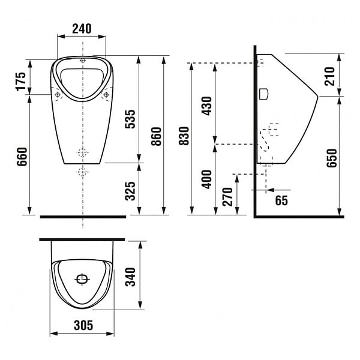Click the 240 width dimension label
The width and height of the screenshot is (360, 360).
point(82,29)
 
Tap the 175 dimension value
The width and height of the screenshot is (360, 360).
point(21,82)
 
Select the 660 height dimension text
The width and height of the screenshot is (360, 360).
point(22,157)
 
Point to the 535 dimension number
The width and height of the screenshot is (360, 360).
point(130,119)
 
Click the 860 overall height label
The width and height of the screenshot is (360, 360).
point(157,136)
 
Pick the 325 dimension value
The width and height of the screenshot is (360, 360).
point(130,191)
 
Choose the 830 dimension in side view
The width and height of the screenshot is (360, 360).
point(184,136)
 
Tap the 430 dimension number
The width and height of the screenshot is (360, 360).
point(206,106)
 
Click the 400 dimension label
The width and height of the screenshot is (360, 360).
point(206,179)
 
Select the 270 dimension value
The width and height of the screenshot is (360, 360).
point(227,197)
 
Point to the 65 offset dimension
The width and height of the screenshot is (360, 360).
point(281,200)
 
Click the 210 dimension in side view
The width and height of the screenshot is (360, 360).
point(329,76)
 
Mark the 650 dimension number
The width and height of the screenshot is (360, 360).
point(332,158)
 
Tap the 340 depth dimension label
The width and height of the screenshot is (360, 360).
point(130,277)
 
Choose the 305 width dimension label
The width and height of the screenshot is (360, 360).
point(83,325)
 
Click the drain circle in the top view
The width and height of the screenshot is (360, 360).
point(82,279)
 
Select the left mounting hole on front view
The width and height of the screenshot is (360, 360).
point(58,94)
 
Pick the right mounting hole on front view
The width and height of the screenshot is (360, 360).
point(106,94)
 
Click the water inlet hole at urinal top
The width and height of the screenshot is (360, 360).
point(83,61)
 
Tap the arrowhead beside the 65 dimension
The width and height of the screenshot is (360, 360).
point(271,190)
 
